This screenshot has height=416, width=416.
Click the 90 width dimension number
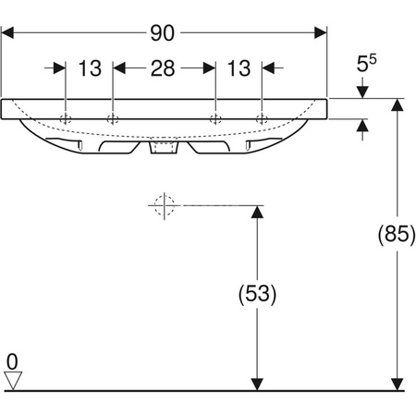click(x=164, y=32)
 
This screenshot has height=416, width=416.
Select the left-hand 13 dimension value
click(x=90, y=68)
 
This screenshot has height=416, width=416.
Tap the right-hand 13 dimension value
click(x=239, y=68)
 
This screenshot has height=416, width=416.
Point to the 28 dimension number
click(x=164, y=68)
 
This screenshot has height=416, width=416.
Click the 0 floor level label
click(x=12, y=361)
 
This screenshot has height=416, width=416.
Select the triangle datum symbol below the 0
click(x=12, y=378)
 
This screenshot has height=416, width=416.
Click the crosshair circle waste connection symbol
click(x=164, y=204)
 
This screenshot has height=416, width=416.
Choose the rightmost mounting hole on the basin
click(x=262, y=117)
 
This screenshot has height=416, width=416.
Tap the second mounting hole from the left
click(x=113, y=117)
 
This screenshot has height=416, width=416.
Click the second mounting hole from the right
click(x=215, y=117)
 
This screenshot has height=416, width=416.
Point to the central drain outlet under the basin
click(x=164, y=145)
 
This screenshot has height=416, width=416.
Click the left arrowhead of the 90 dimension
click(x=7, y=32)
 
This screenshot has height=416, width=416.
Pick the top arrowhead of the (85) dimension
click(x=398, y=104)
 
